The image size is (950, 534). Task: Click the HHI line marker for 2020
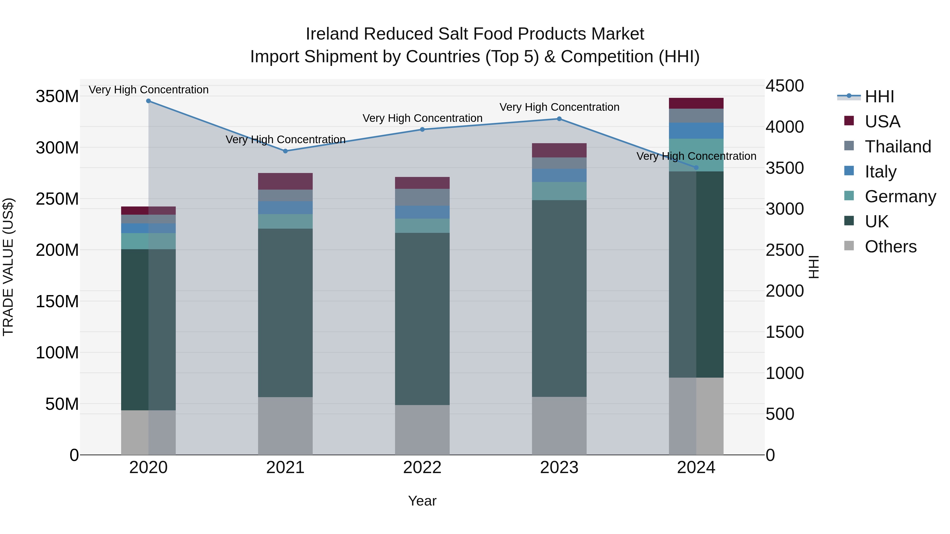coord(148,101)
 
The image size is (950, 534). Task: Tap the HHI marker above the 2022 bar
coord(422,129)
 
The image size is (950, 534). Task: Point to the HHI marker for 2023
coord(559,119)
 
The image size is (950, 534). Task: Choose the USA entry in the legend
coord(882,122)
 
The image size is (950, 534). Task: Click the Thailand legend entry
coord(898,147)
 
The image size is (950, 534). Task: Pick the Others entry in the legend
coord(890,247)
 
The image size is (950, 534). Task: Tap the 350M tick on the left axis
coord(57,97)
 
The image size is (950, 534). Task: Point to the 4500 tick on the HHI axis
coord(785,86)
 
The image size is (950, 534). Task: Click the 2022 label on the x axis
coord(422,468)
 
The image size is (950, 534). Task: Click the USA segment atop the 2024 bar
coord(696,103)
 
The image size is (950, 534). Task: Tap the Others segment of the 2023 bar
coord(559,426)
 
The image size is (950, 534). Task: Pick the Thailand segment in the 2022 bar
coord(422,197)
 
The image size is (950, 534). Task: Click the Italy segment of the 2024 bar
coord(696,131)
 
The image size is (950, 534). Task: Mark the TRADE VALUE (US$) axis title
coord(8,267)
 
